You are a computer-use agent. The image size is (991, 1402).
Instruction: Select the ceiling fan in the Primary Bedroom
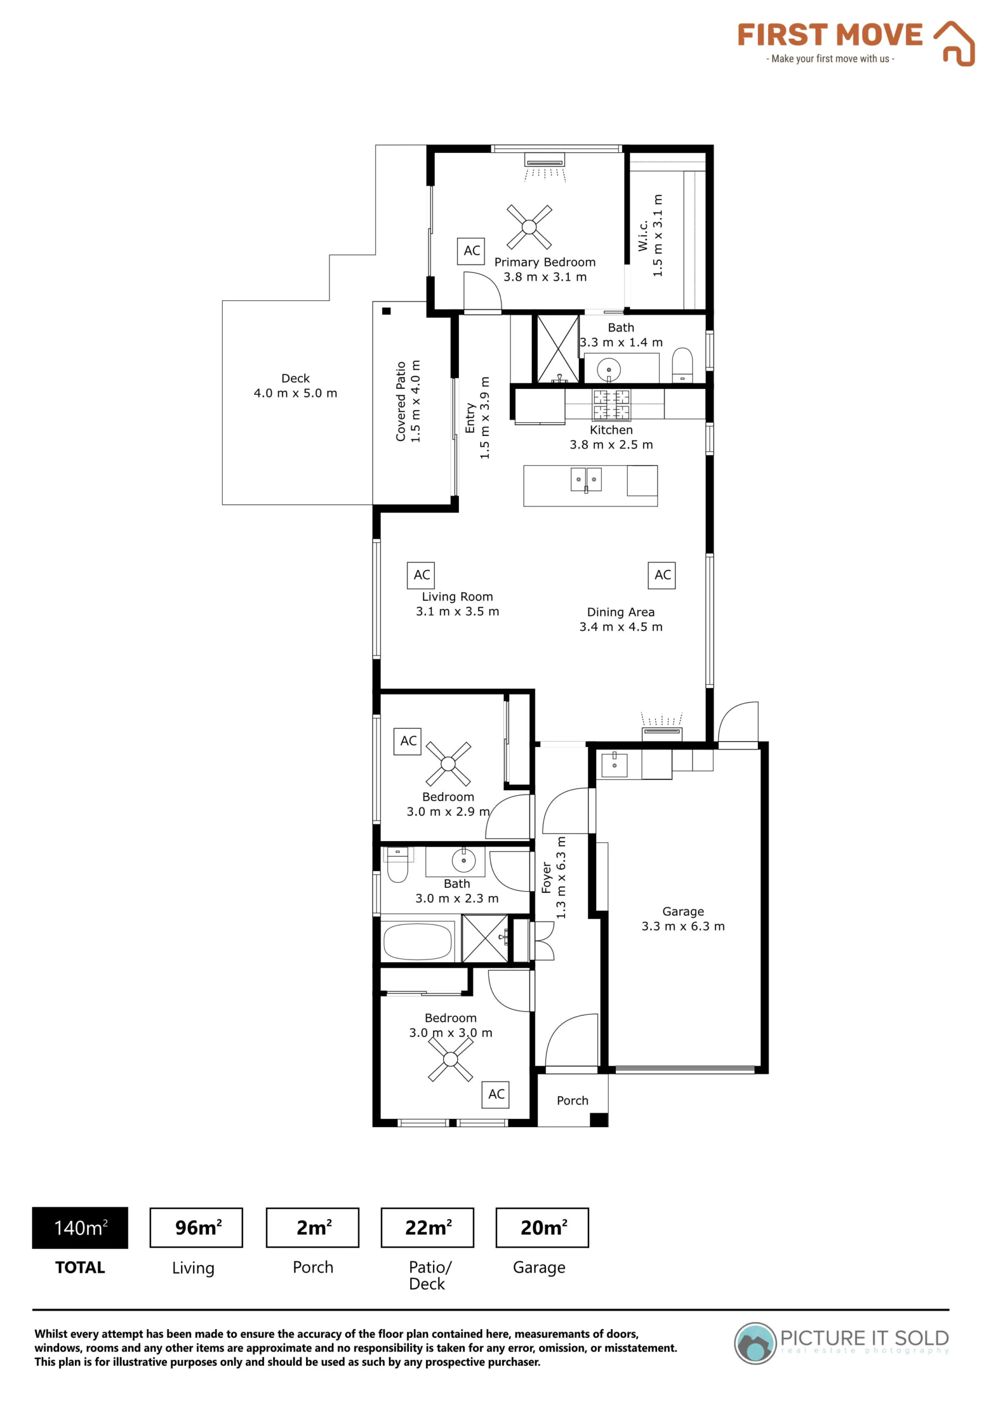tap(529, 227)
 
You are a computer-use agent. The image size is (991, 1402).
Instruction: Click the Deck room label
tap(296, 386)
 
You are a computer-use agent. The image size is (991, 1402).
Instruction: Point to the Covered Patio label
tap(408, 401)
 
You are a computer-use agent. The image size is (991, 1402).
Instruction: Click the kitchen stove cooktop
tap(611, 405)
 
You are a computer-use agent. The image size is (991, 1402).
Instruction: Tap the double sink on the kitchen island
tap(586, 479)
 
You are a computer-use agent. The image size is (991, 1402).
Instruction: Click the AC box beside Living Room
tap(422, 575)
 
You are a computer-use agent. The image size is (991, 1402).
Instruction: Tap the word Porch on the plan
tap(572, 1100)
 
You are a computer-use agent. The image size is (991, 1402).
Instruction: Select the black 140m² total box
tap(80, 1227)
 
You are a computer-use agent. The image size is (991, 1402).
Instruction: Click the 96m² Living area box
tap(196, 1227)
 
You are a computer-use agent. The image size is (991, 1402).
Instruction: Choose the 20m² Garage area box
tap(542, 1227)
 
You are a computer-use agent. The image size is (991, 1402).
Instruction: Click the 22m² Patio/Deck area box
tap(428, 1227)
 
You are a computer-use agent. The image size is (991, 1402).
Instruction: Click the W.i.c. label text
tap(643, 235)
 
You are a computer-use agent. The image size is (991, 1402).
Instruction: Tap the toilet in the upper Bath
tap(682, 365)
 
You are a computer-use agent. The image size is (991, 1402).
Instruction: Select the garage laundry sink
tap(614, 765)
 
